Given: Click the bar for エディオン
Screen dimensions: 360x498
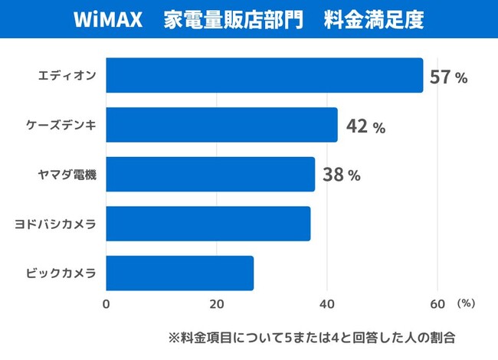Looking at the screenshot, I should point(264,75).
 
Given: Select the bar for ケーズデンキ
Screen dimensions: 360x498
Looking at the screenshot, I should point(221,125).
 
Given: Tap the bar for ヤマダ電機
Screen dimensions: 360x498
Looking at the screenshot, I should point(210,175).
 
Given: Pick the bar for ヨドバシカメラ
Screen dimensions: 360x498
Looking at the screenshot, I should point(208,224).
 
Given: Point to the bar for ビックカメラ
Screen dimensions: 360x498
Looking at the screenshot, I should point(179,273).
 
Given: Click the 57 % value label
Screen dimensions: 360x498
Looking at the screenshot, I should point(448,77).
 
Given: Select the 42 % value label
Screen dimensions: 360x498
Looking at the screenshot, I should point(365,127).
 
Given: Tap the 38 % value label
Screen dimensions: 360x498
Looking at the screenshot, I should point(341,175).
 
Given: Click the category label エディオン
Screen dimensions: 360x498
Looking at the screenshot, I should point(67,76).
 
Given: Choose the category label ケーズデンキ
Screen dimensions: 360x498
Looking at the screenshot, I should point(61,126).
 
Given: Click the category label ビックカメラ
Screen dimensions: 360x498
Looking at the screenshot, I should point(61,273).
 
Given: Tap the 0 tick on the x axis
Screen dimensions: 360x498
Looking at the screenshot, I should point(106,303).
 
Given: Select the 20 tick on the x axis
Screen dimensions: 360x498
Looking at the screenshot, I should point(217,303).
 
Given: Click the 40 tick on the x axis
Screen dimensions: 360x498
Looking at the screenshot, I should point(327,303).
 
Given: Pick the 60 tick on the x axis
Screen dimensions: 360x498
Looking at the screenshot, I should point(437,303).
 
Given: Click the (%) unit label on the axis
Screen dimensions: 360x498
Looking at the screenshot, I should point(466,303).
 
